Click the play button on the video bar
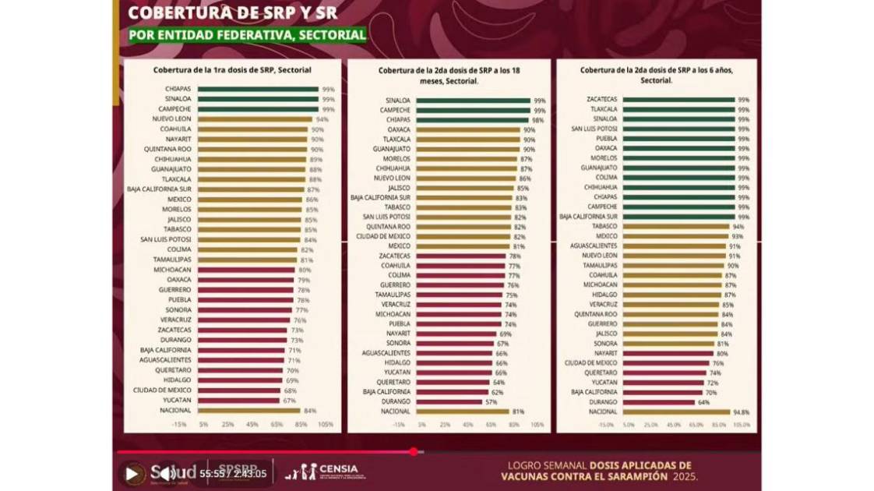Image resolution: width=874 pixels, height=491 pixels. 132,473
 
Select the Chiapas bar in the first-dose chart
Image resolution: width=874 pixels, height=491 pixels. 257,89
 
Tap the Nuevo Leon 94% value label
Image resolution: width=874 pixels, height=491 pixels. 322,119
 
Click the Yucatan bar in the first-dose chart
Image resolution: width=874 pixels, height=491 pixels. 238,401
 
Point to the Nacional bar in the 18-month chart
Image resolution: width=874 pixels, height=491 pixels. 462,411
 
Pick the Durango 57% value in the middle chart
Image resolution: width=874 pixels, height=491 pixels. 492,401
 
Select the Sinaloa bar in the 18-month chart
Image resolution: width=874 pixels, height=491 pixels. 473,101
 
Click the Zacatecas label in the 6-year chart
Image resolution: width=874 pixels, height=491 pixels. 603,100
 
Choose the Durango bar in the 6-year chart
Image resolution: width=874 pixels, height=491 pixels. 659,402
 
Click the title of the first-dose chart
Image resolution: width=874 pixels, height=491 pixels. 232,69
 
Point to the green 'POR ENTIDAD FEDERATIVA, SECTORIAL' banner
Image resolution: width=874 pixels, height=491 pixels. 247,35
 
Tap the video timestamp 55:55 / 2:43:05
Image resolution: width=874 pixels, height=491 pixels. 233,473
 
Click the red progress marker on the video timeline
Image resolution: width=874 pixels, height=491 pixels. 413,451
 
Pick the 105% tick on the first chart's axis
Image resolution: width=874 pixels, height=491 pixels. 326,424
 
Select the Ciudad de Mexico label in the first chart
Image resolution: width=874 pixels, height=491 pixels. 162,390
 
